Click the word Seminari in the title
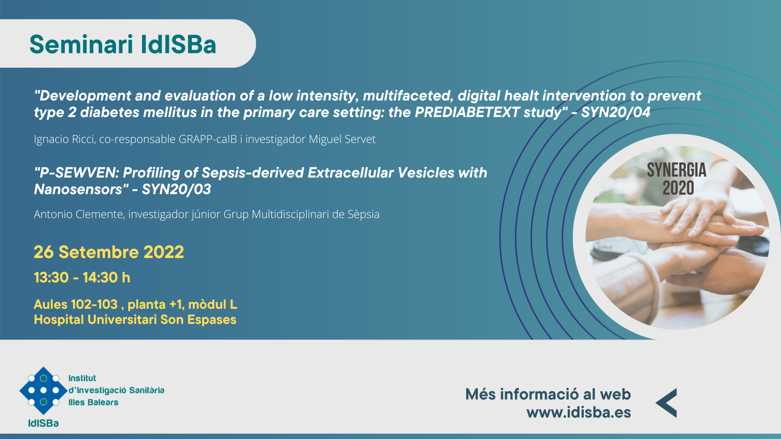[x=81, y=44]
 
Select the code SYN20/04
[x=616, y=112]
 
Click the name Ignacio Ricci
[x=64, y=139]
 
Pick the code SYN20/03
[x=176, y=189]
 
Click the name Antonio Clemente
[x=79, y=214]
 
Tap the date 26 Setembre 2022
[x=109, y=252]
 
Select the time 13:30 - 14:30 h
[x=82, y=278]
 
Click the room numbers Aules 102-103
[x=76, y=304]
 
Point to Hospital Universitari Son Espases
[x=135, y=319]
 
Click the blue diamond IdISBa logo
[x=43, y=390]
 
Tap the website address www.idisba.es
[x=579, y=412]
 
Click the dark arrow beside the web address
[x=666, y=403]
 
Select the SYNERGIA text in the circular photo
[x=677, y=170]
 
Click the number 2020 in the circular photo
[x=678, y=188]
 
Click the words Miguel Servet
[x=342, y=139]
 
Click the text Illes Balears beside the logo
[x=93, y=402]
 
